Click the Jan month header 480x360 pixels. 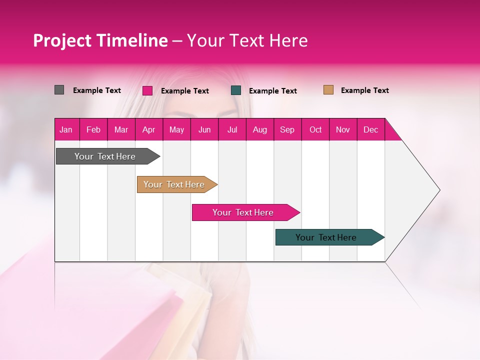point(66,129)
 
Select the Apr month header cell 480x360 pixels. point(149,129)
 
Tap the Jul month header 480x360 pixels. point(232,129)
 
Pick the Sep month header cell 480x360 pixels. point(287,129)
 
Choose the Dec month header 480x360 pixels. point(370,129)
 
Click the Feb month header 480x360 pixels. point(93,129)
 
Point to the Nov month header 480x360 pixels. point(343,129)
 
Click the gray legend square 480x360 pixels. point(59,90)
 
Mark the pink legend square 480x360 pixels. point(147,90)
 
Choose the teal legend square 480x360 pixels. point(236,90)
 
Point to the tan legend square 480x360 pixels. point(328,90)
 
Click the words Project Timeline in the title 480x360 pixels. point(100,40)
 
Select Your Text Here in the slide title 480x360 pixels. point(247,40)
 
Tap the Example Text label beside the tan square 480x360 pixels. point(364,90)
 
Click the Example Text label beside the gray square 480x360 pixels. point(97,90)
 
